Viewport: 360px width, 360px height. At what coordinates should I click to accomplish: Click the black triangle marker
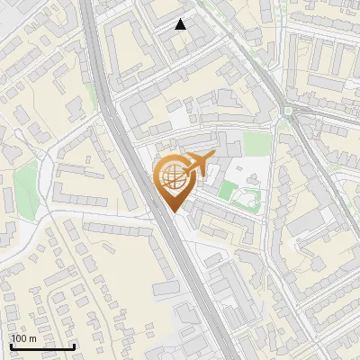pos(181,24)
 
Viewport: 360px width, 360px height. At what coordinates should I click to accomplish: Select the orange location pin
pos(173,181)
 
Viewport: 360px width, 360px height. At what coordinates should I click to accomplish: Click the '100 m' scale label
pos(23,338)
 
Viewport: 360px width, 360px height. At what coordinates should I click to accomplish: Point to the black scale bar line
pos(41,346)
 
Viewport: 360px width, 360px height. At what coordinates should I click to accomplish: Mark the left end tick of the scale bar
pos(10,346)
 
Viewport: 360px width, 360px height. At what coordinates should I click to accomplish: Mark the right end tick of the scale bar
pos(73,346)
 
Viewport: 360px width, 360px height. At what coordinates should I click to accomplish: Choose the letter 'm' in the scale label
pos(32,338)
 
